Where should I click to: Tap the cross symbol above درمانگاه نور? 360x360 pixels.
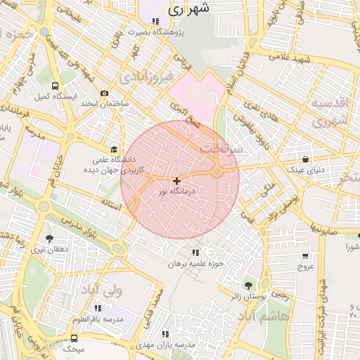(x=176, y=181)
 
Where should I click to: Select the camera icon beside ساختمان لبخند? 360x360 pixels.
(x=105, y=94)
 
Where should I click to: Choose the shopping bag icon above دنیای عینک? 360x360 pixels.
(x=305, y=159)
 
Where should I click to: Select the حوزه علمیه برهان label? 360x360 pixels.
(x=195, y=264)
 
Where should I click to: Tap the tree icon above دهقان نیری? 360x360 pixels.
(x=49, y=239)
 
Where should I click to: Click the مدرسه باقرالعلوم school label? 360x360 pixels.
(x=97, y=319)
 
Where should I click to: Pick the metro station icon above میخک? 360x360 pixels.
(x=75, y=339)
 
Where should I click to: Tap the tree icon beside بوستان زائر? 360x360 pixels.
(x=247, y=285)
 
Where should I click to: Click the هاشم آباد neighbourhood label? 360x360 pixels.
(x=283, y=316)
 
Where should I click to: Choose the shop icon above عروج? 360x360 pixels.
(x=305, y=257)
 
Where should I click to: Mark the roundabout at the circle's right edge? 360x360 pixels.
(x=217, y=172)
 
